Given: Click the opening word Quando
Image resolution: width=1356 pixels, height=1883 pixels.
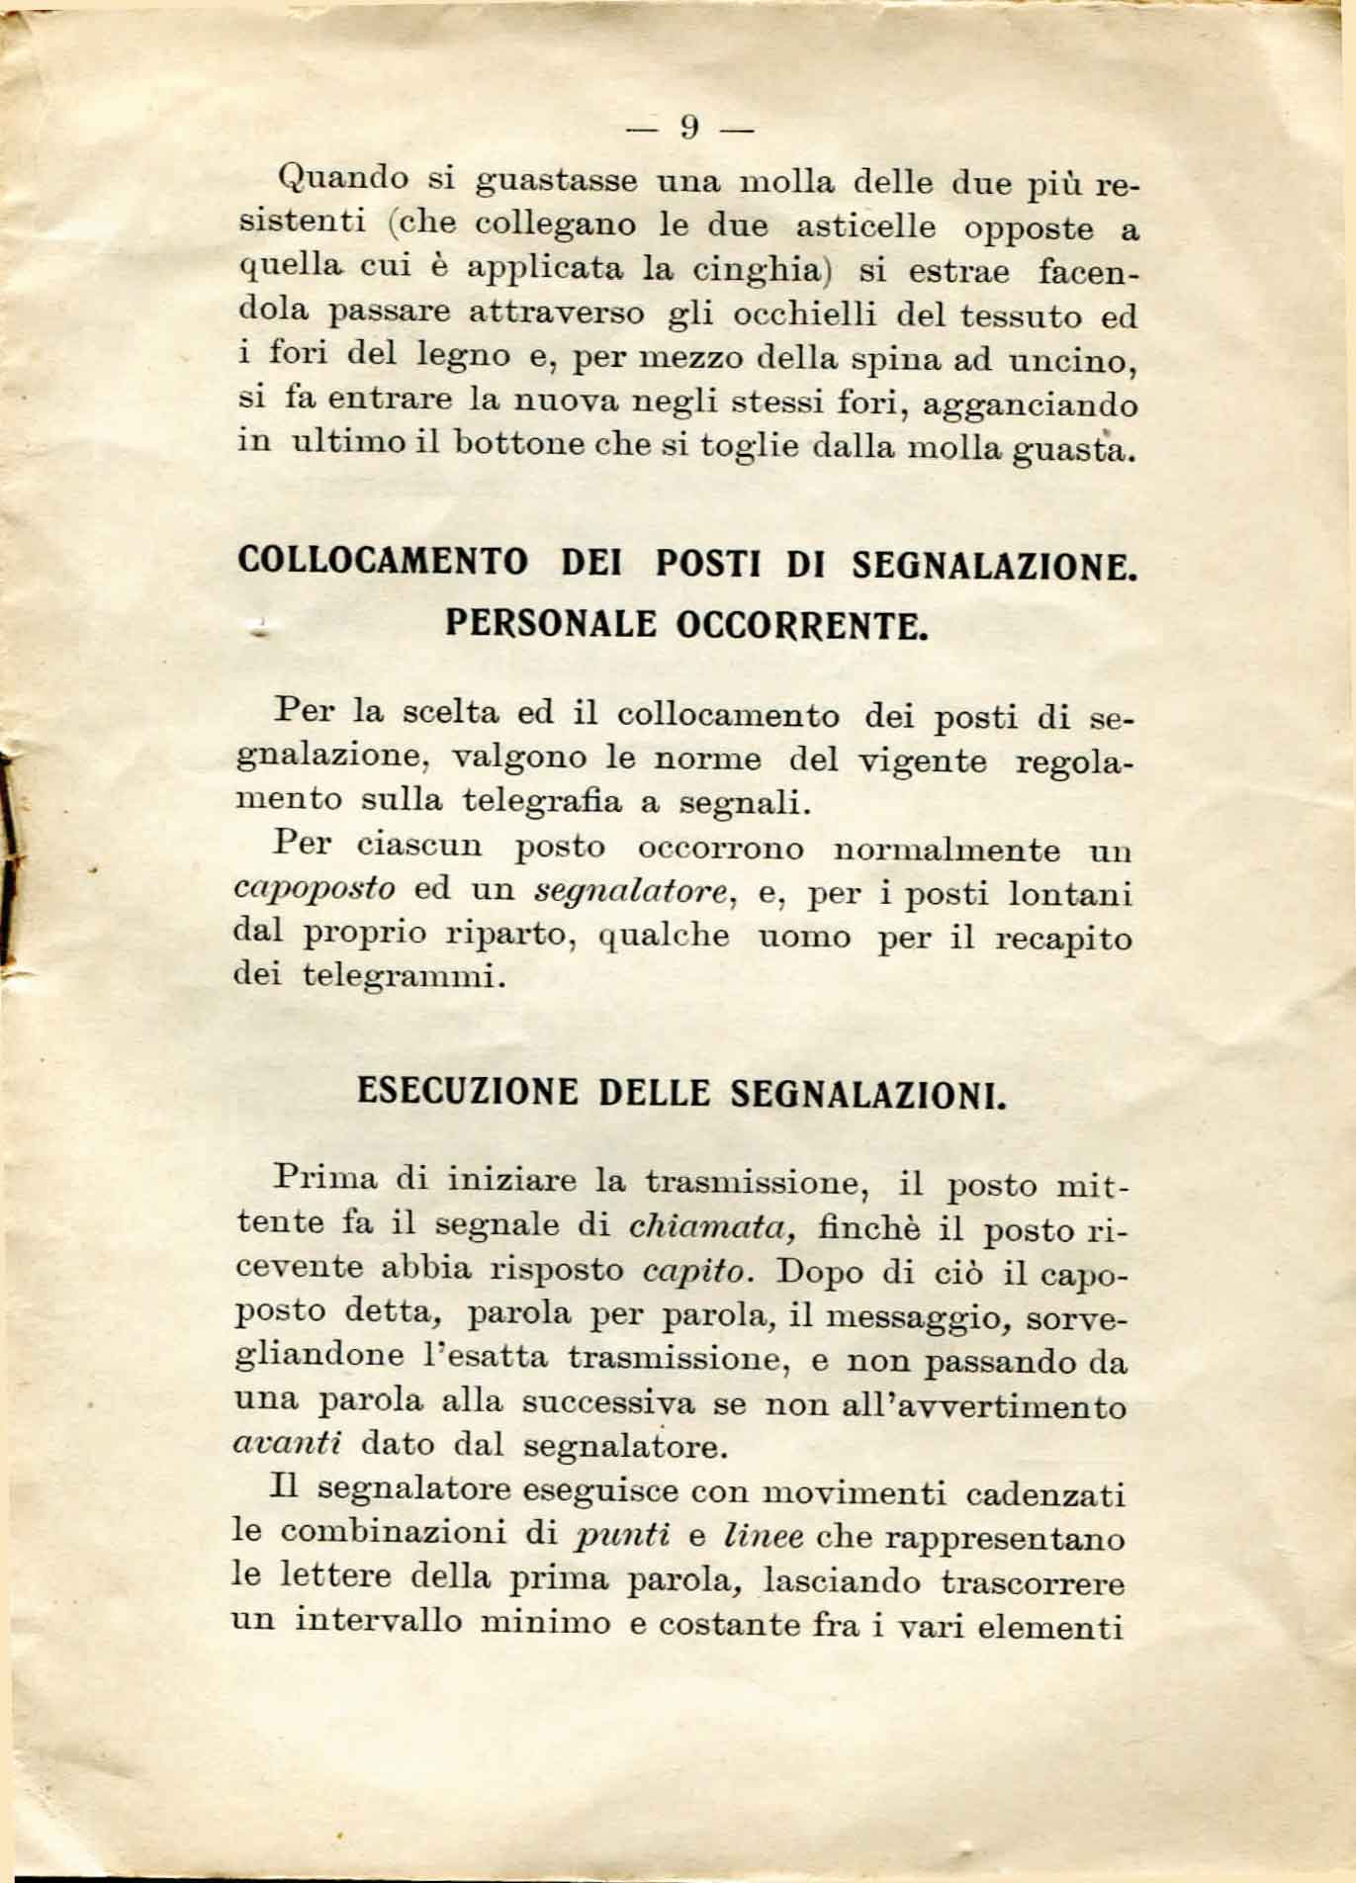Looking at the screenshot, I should point(344,179).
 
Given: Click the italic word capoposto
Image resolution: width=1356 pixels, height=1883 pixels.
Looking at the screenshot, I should point(314,888).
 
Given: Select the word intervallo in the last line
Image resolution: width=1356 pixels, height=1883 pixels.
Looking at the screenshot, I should point(379,1622).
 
